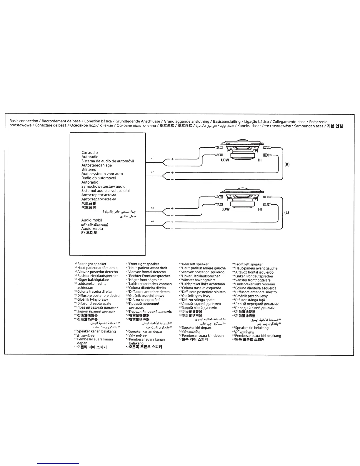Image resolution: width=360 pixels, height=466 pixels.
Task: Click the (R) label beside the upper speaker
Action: click(287, 164)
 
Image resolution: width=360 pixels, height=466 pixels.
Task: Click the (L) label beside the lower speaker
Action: click(287, 212)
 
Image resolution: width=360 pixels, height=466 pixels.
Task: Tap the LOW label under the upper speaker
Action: click(225, 160)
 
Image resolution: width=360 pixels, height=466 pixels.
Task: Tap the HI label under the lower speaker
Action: click(260, 209)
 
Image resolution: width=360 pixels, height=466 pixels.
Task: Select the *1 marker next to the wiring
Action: click(152, 159)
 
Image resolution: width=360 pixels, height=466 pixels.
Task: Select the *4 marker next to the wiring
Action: click(152, 221)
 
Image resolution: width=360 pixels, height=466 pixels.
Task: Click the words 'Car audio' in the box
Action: click(90, 152)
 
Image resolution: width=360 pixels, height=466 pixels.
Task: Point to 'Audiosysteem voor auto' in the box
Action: click(102, 174)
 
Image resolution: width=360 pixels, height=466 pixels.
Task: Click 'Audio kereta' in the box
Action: click(92, 229)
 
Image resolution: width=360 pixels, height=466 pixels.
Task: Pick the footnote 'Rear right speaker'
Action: click(91, 264)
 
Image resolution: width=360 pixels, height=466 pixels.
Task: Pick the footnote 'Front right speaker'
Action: click(144, 264)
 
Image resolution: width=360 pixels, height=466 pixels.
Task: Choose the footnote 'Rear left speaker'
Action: click(195, 264)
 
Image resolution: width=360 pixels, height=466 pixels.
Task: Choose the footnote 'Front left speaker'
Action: click(249, 264)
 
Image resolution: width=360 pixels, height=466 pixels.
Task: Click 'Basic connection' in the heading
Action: click(24, 121)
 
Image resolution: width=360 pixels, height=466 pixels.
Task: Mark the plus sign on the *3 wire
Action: click(172, 208)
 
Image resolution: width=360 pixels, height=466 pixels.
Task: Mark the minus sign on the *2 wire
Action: click(172, 179)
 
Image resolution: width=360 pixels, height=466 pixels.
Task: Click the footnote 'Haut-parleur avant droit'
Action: click(148, 268)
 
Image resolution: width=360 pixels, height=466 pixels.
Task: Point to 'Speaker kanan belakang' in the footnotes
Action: click(96, 331)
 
